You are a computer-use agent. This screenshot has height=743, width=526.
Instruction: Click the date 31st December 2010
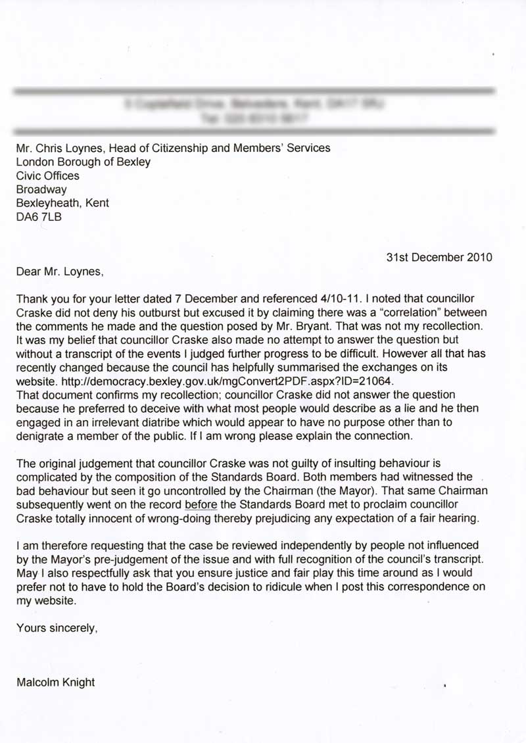(x=439, y=258)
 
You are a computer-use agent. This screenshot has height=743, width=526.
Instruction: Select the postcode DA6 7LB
(x=39, y=217)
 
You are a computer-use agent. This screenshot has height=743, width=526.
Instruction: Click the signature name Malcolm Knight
(x=56, y=683)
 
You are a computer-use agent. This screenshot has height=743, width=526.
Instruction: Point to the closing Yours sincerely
(x=57, y=628)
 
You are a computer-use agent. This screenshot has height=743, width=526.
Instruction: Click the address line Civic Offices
(x=47, y=176)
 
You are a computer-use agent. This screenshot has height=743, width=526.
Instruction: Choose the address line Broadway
(x=41, y=189)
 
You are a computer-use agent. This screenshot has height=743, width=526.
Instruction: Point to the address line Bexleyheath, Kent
(x=62, y=203)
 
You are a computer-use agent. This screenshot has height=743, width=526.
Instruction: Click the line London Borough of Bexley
(x=84, y=162)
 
